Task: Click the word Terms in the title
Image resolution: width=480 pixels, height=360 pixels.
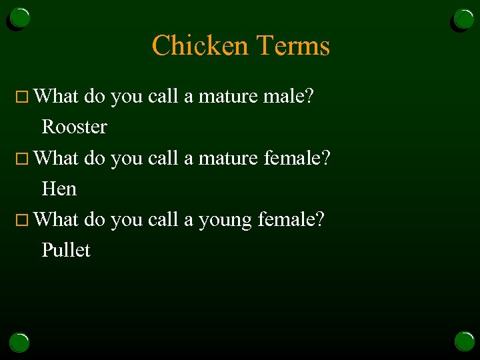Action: coord(293,46)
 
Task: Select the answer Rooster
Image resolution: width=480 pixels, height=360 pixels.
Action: coord(74,127)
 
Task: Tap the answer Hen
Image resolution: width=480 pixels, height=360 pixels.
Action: coord(59,189)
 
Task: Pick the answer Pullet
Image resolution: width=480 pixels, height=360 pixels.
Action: coord(66,250)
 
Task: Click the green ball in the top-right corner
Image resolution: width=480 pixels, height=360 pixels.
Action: coord(464,19)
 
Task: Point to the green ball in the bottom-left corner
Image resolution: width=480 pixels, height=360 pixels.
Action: coord(20,342)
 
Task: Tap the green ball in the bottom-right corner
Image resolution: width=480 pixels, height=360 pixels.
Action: coord(464,341)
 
